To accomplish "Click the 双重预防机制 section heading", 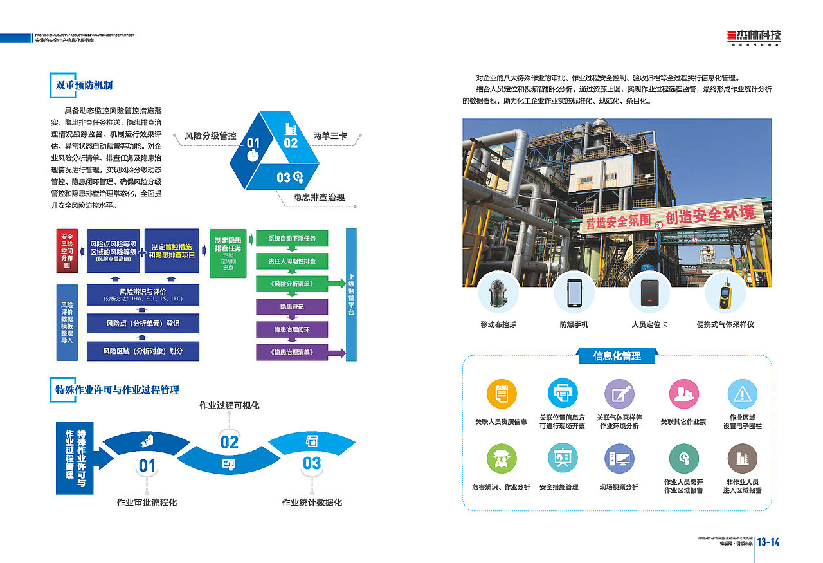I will pyautogui.click(x=84, y=84).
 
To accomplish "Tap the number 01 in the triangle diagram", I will pyautogui.click(x=253, y=143).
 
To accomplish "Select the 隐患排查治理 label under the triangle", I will pyautogui.click(x=318, y=197).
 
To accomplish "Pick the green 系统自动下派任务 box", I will pyautogui.click(x=292, y=239).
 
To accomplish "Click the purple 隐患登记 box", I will pyautogui.click(x=292, y=307).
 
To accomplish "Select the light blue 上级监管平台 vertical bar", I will pyautogui.click(x=351, y=294).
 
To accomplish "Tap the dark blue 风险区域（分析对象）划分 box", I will pyautogui.click(x=143, y=351).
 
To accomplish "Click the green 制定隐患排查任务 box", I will pyautogui.click(x=228, y=252).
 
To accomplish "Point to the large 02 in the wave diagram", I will pyautogui.click(x=230, y=442).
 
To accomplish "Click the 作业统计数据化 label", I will pyautogui.click(x=312, y=503).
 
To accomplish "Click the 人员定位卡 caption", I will pyautogui.click(x=649, y=324).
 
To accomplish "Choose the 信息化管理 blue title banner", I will pyautogui.click(x=617, y=356).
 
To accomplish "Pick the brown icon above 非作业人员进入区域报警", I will pyautogui.click(x=742, y=458).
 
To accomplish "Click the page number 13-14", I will pyautogui.click(x=768, y=542).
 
